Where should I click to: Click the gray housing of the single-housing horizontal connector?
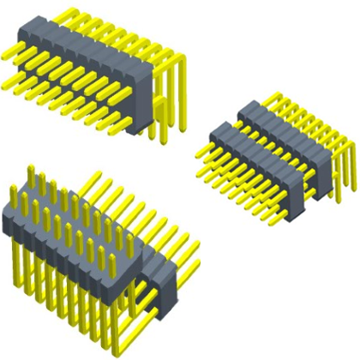pyautogui.click(x=86, y=69)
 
